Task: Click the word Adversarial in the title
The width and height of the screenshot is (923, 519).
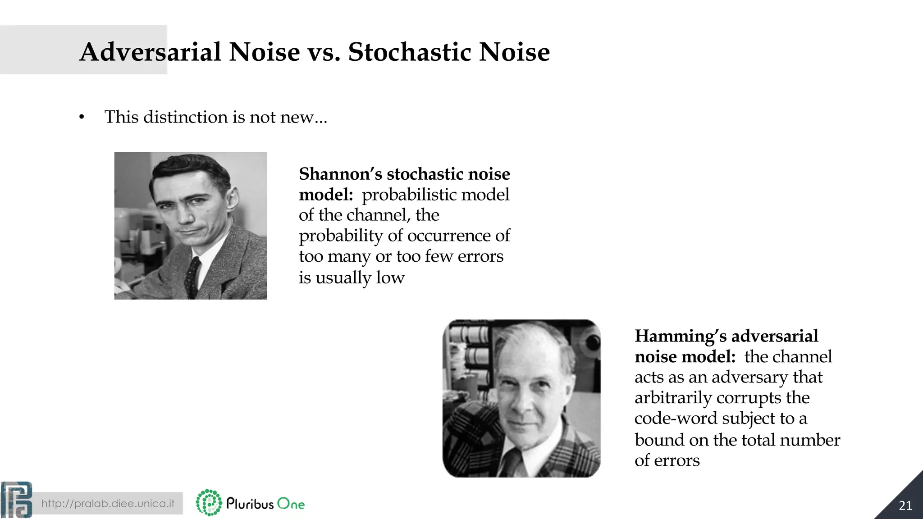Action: [151, 52]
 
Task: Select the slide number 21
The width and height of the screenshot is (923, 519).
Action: [905, 505]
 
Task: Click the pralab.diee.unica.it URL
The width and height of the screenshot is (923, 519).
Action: [108, 503]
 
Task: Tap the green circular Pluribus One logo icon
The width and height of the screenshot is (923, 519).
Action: [209, 502]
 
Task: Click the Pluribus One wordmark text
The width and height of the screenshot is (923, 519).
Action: [265, 504]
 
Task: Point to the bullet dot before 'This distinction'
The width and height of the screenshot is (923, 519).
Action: [82, 118]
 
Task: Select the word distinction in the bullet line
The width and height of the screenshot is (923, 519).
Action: [186, 117]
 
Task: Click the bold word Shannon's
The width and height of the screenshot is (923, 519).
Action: [340, 174]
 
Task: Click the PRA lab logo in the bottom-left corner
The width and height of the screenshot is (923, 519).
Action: [16, 500]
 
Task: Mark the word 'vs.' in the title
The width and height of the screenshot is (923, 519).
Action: [324, 52]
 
